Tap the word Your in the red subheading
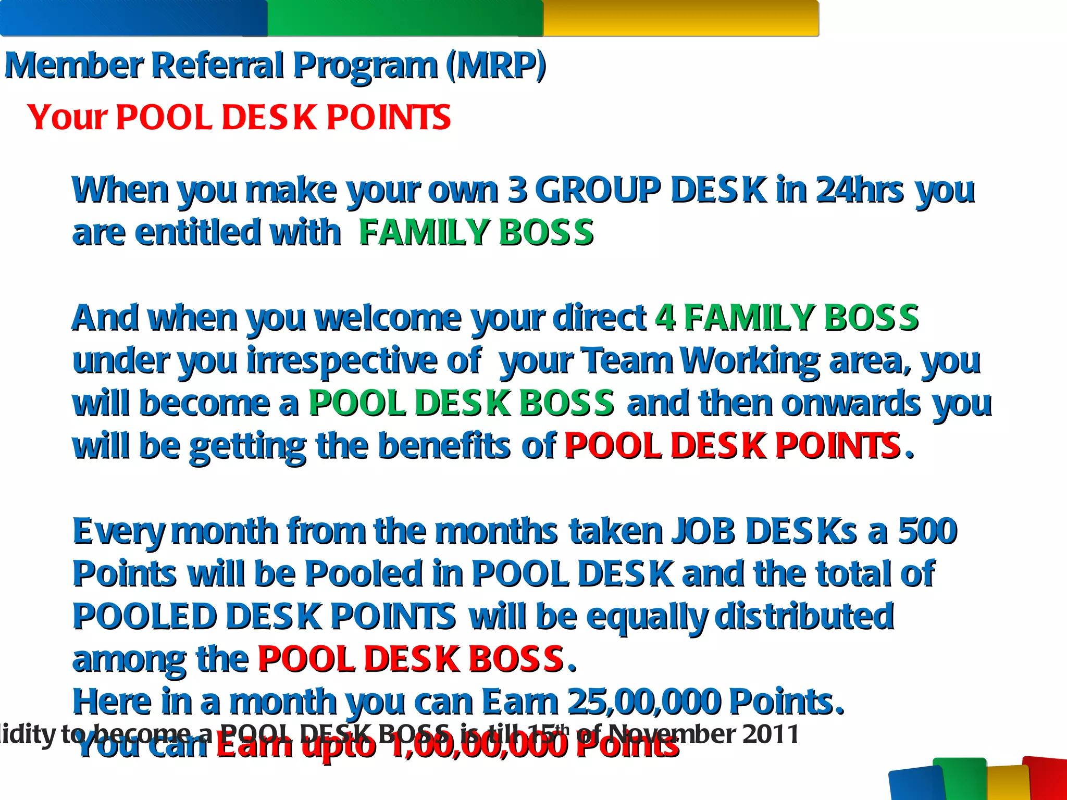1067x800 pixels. click(67, 118)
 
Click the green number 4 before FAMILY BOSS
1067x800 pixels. click(665, 318)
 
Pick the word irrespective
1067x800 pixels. click(342, 361)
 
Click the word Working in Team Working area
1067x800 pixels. click(750, 361)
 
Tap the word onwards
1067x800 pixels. click(851, 404)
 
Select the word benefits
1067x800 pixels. click(444, 446)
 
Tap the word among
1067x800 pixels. click(129, 660)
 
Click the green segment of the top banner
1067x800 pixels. click(405, 18)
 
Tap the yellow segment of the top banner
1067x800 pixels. click(680, 18)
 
